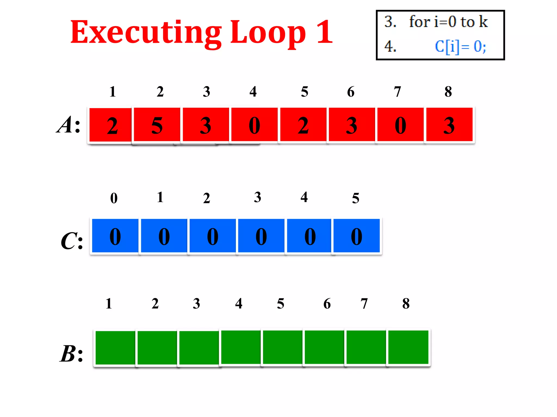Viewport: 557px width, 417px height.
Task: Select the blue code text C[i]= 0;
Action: click(460, 47)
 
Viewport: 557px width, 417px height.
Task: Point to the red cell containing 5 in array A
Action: click(157, 125)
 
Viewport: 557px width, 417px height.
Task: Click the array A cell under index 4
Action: click(254, 125)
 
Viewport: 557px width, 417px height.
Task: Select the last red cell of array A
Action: click(449, 125)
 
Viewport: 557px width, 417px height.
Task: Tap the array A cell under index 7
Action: click(400, 125)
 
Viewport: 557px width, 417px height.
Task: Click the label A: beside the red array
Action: click(69, 125)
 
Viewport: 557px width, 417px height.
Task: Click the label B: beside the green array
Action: click(71, 354)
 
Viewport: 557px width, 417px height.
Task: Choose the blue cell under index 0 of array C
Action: click(115, 236)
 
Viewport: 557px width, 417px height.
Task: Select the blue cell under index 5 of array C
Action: click(356, 236)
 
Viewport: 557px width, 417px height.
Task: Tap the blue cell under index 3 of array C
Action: click(261, 236)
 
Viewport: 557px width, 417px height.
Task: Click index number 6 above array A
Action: click(351, 92)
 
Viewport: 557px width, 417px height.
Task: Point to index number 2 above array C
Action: click(207, 198)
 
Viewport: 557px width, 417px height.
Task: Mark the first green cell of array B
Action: click(115, 347)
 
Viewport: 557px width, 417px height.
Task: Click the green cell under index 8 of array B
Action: click(408, 347)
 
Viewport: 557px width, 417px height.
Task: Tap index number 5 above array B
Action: click(281, 304)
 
